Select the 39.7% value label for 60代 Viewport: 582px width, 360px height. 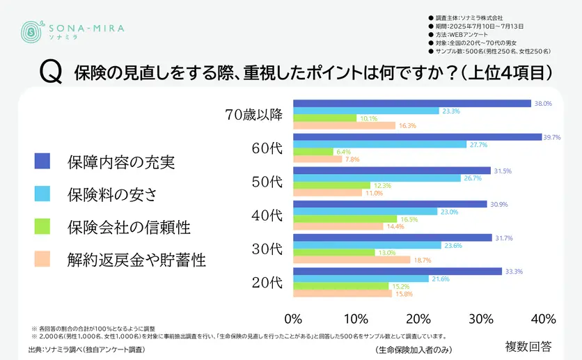point(552,137)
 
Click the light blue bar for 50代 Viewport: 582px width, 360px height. point(377,178)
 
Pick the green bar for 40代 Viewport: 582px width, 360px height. point(345,219)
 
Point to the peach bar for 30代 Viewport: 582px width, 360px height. point(352,260)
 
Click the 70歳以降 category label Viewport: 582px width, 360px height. point(254,115)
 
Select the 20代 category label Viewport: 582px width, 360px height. point(267,282)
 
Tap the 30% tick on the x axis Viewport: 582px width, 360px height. point(480,319)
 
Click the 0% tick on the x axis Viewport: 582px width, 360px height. point(293,319)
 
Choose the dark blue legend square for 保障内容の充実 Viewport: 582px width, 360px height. point(42,162)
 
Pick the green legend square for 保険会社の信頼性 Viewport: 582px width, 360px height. point(42,227)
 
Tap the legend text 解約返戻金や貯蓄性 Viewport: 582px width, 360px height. point(136,260)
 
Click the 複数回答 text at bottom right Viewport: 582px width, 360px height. point(528,345)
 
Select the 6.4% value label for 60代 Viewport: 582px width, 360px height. point(344,151)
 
